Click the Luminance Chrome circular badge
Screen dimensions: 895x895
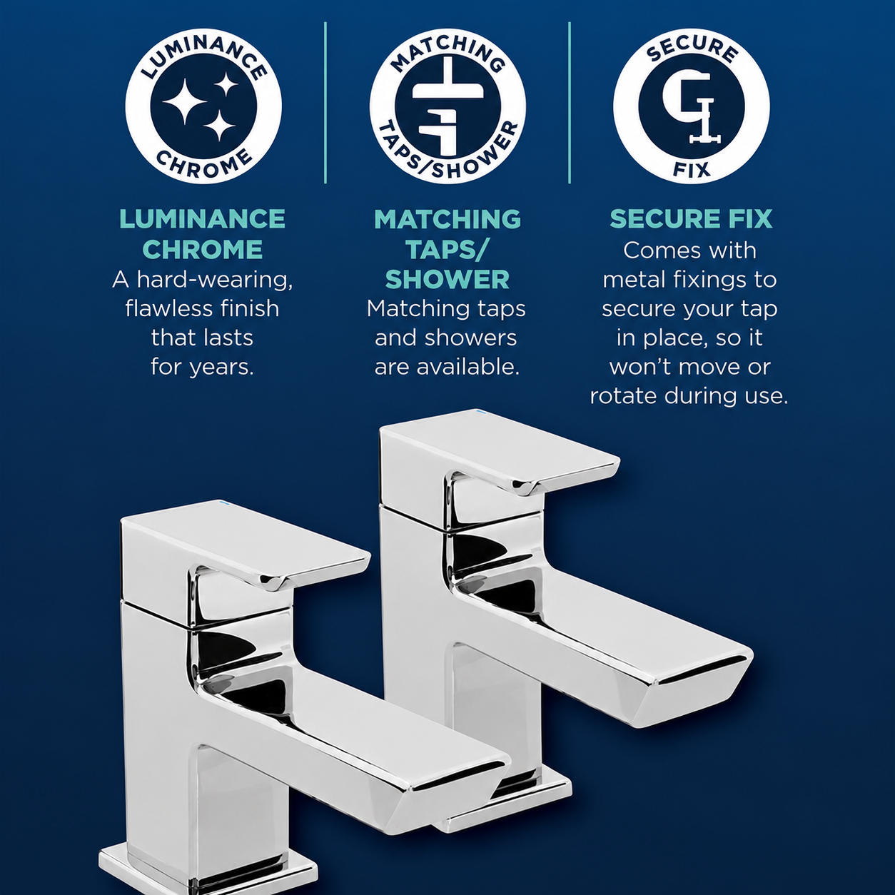(x=203, y=106)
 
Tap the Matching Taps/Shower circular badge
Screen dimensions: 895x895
(x=447, y=106)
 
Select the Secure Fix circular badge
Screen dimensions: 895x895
(x=692, y=106)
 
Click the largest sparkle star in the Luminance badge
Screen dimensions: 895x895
(x=184, y=101)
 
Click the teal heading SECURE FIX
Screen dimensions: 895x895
(x=691, y=219)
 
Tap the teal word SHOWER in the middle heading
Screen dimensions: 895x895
(x=447, y=280)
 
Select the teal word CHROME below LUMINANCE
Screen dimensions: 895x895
(x=203, y=250)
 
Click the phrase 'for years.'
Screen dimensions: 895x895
(x=203, y=368)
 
